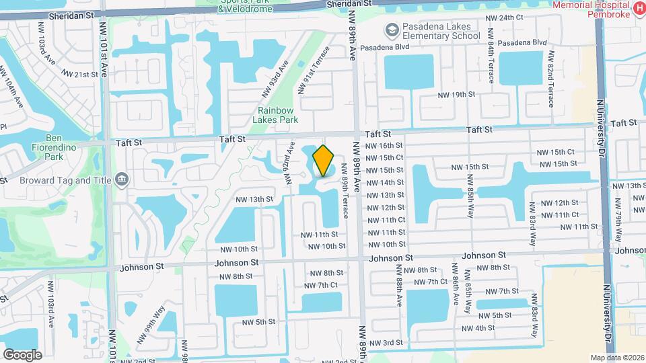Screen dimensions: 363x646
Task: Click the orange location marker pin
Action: coord(324,161)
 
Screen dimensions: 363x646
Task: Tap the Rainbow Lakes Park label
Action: coord(276,115)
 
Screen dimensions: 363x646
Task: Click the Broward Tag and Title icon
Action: coord(122,178)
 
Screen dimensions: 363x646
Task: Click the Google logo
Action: coord(22,354)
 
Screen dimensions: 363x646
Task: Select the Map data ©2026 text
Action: coord(616,358)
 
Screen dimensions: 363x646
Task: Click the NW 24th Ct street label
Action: coord(506,17)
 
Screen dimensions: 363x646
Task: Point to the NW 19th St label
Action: coord(454,95)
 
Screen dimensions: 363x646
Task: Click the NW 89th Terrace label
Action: coord(345,191)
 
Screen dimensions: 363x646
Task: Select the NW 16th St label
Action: coord(384,145)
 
